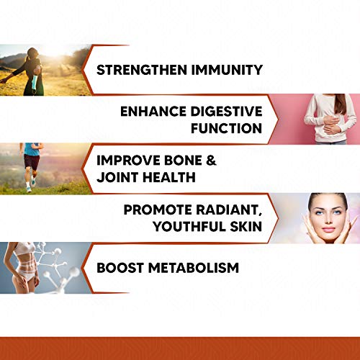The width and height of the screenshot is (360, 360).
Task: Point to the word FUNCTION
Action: (x=225, y=129)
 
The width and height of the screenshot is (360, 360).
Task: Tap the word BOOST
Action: (x=120, y=268)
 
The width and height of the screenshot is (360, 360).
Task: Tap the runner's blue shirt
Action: (x=31, y=149)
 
